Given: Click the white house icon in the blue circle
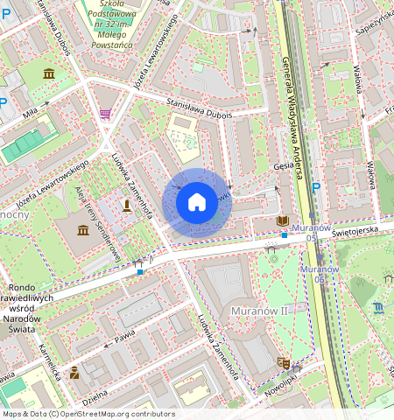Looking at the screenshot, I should point(197,203).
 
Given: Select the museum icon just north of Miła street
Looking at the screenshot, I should point(49,73).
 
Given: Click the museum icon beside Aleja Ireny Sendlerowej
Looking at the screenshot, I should point(82,229).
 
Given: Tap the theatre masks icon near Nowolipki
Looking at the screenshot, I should point(283,361).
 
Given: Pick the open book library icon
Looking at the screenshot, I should point(282,221).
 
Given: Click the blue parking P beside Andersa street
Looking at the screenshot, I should point(316,187).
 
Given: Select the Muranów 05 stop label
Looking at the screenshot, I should point(313,232).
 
